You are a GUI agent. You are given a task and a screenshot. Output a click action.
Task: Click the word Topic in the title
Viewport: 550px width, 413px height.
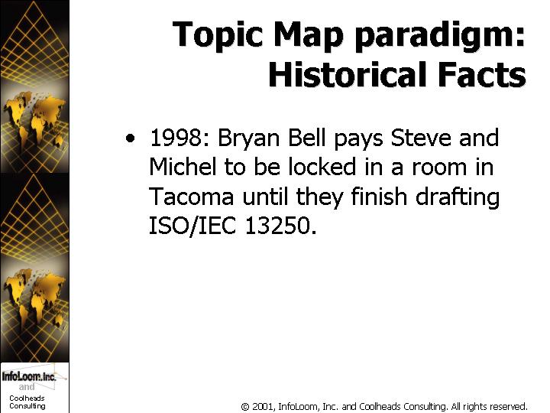(x=218, y=35)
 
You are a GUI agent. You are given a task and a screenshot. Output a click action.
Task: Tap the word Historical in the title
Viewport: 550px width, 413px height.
(x=348, y=74)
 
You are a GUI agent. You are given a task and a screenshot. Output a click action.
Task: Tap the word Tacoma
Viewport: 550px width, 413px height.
(x=192, y=197)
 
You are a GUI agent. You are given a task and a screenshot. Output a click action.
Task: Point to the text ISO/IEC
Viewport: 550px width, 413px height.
(x=192, y=226)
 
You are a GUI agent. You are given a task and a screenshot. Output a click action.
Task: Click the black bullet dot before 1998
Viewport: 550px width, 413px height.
(x=130, y=138)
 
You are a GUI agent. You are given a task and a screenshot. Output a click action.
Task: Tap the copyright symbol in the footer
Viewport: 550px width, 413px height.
(x=245, y=407)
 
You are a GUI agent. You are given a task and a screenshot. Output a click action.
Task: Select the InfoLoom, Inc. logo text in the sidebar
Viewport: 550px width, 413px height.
(x=29, y=376)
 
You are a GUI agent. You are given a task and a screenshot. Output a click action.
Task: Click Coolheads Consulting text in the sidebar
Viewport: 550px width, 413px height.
(x=27, y=402)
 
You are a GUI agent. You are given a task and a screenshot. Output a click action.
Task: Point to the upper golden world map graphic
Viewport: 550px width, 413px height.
(x=34, y=119)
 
